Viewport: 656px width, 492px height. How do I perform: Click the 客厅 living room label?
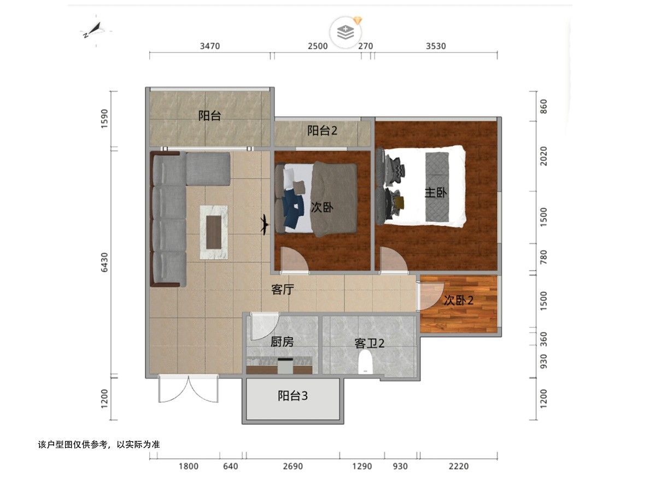coord(283,289)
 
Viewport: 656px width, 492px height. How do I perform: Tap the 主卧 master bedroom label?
coord(436,192)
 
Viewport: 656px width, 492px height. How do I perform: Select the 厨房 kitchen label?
coord(282,342)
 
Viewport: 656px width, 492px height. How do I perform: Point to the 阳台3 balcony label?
coord(292,395)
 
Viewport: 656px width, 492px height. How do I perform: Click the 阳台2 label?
coord(322,131)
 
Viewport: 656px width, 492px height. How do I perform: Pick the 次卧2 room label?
coord(459,300)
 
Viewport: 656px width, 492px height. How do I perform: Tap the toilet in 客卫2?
coord(365,362)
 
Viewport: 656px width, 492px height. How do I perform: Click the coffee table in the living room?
coord(214,232)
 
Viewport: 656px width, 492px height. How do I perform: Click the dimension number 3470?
coord(210,46)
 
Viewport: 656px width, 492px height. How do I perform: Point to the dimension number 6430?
coord(104,262)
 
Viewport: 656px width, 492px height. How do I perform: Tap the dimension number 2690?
coord(293,466)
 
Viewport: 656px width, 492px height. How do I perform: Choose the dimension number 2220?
coord(459,466)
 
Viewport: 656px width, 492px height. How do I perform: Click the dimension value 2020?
coord(543,156)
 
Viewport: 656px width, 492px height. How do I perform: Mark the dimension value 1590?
coord(104,119)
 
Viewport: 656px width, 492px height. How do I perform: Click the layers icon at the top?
coord(345,32)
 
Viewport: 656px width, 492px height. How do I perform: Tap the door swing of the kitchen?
coord(265,326)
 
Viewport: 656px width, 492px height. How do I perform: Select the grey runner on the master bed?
coord(437,187)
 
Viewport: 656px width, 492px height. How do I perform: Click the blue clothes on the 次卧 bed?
coord(294,208)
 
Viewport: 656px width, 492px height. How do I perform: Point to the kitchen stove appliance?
coord(285,366)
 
